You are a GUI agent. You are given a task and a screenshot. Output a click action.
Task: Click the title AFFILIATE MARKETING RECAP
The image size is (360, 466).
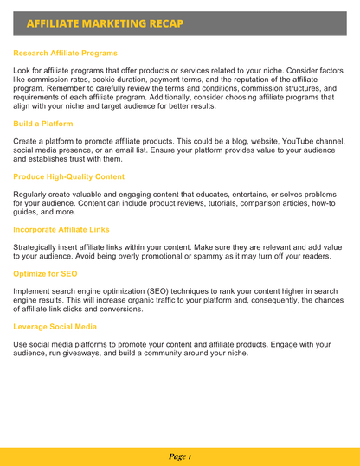click(x=105, y=22)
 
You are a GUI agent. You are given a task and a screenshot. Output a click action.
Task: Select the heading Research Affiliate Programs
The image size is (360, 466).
click(x=66, y=53)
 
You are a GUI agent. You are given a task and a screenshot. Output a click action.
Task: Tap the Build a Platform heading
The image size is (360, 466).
click(x=43, y=124)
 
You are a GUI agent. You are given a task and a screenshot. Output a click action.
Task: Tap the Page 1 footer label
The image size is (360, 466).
click(x=180, y=456)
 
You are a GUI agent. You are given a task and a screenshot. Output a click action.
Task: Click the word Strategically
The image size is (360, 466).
click(x=40, y=246)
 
